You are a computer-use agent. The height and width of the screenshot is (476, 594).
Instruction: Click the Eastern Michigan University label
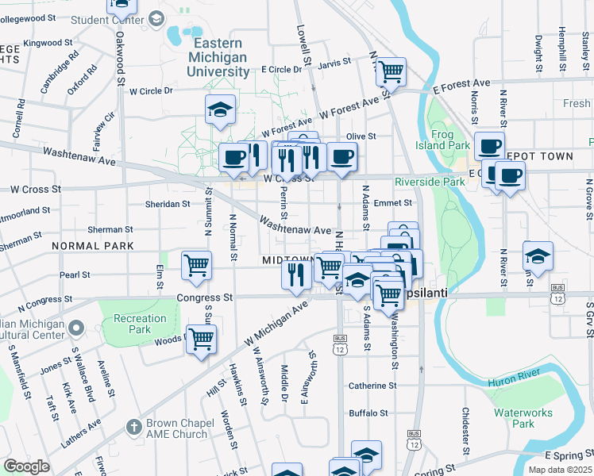pyautogui.click(x=218, y=58)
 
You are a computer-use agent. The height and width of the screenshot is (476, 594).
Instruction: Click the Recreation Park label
pyautogui.click(x=140, y=324)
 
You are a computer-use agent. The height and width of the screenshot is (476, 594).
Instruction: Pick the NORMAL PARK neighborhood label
pyautogui.click(x=93, y=246)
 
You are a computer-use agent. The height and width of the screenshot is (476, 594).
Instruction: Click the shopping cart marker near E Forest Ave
pyautogui.click(x=391, y=71)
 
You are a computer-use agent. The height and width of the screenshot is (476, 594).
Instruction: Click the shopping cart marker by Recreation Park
pyautogui.click(x=201, y=339)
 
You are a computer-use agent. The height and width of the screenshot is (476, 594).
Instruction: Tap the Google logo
pyautogui.click(x=26, y=466)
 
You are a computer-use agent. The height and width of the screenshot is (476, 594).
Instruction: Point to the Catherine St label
pyautogui.click(x=372, y=386)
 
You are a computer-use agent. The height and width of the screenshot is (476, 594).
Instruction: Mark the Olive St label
pyautogui.click(x=360, y=136)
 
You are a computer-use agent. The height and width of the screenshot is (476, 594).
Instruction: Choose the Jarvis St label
pyautogui.click(x=336, y=62)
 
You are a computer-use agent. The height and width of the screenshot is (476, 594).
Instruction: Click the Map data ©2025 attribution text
pyautogui.click(x=559, y=470)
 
